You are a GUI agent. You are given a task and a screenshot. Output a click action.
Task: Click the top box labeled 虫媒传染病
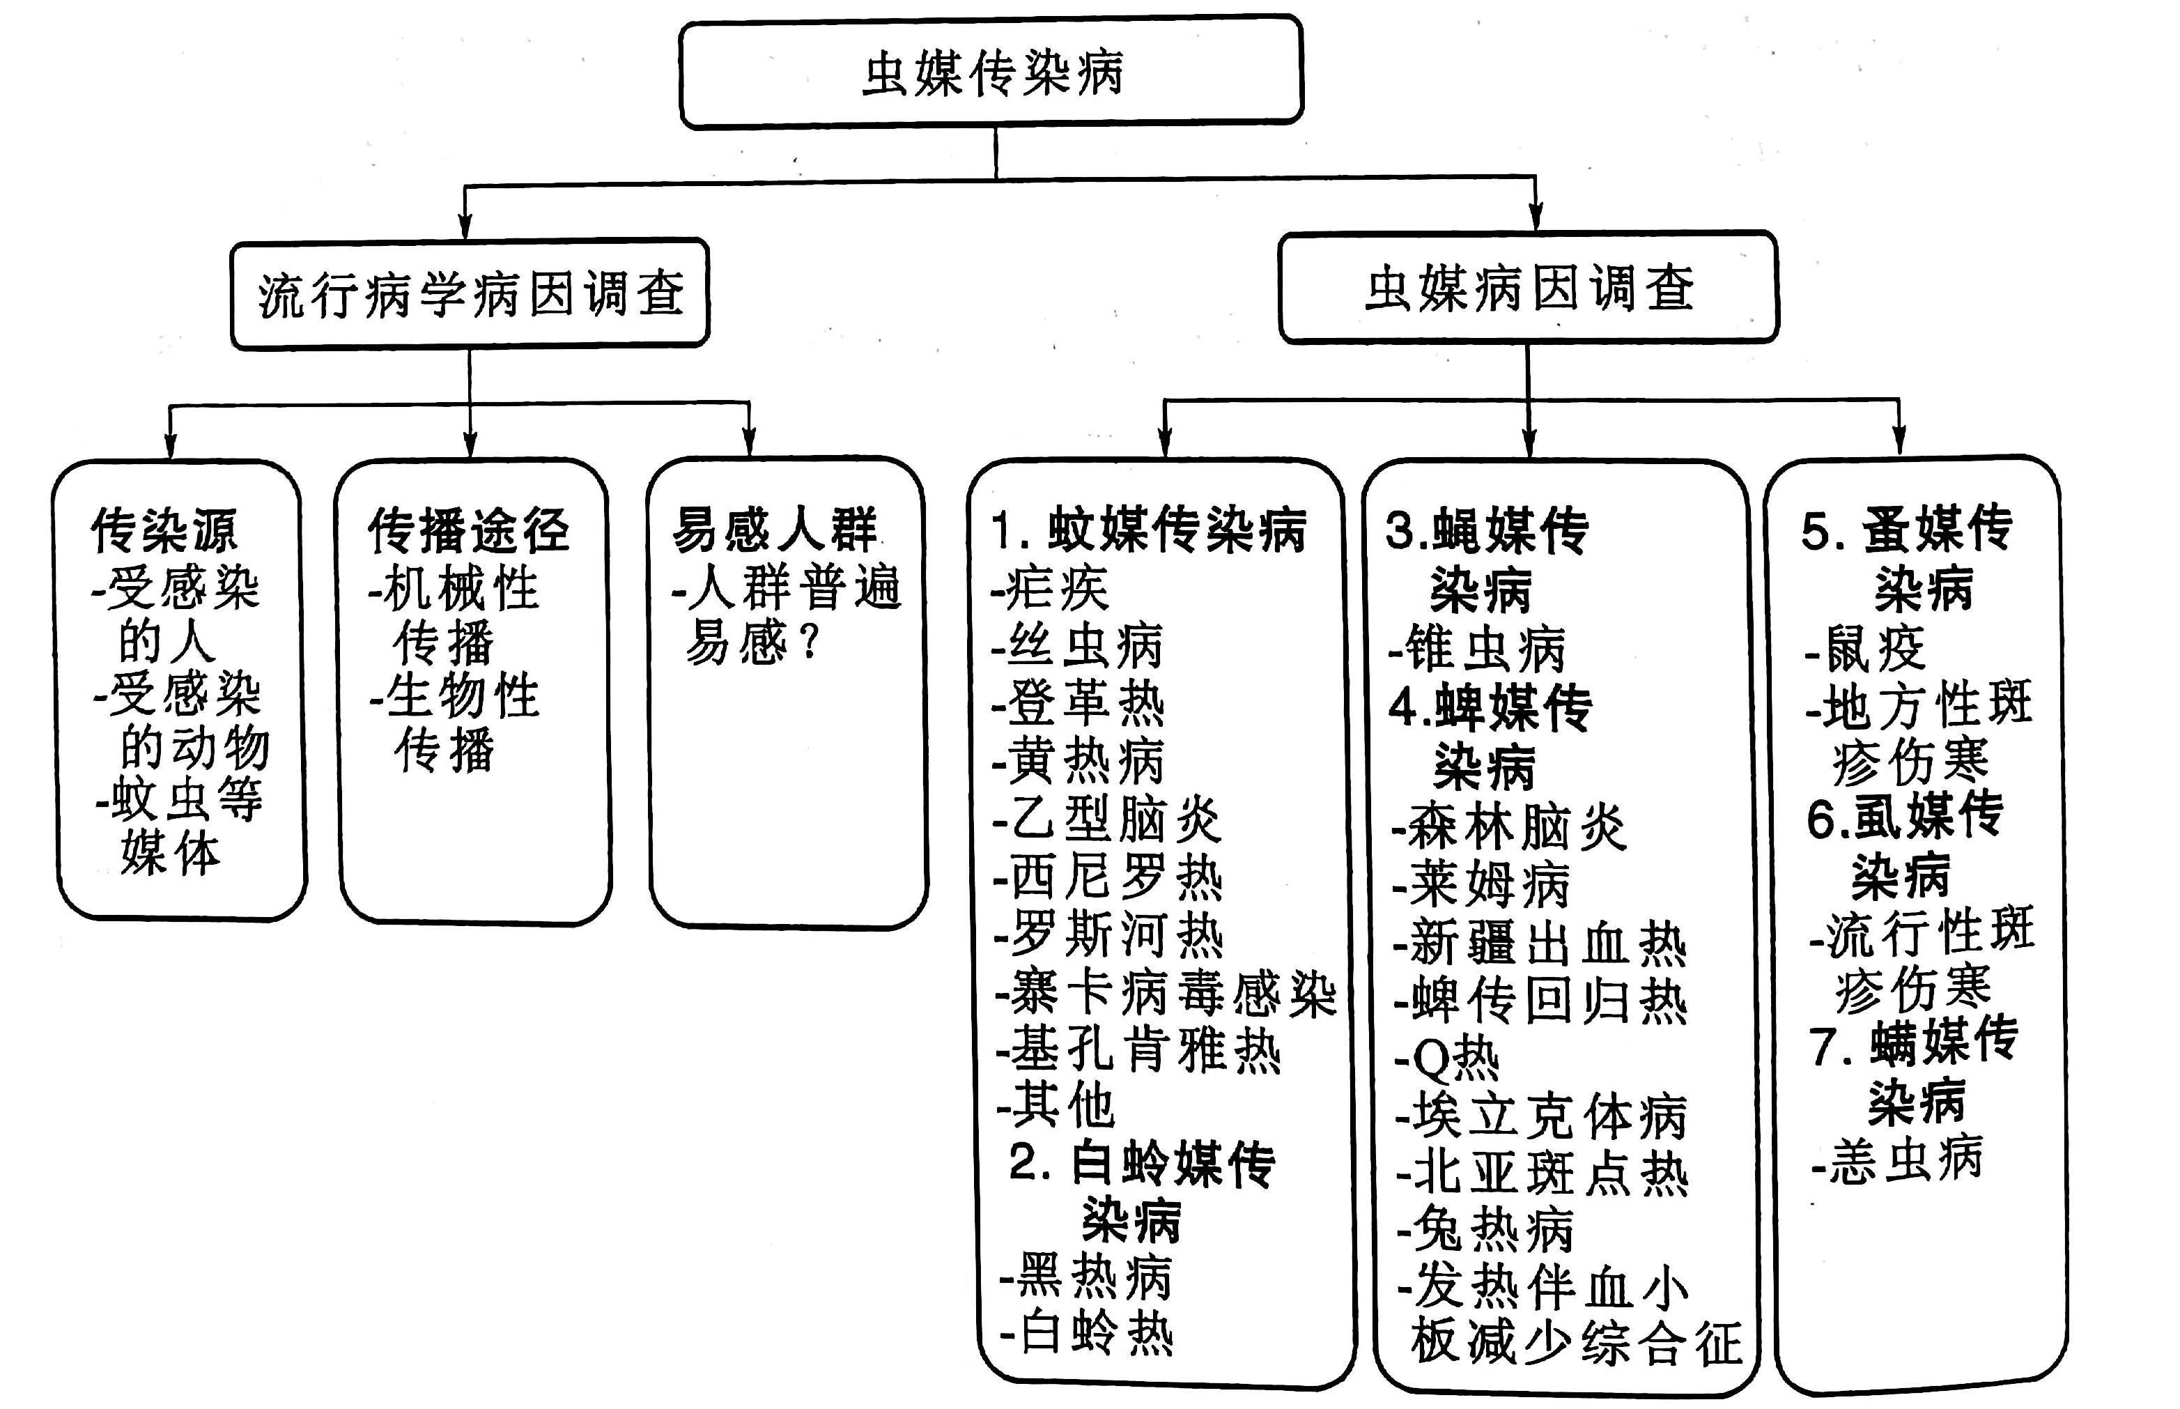coord(991,72)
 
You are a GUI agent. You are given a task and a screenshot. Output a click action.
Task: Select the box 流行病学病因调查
coord(470,295)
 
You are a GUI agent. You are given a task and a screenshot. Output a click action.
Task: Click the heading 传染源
coord(164,531)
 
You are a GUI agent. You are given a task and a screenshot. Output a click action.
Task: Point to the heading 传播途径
coord(468,531)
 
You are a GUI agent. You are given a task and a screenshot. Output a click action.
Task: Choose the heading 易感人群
coord(775,530)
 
